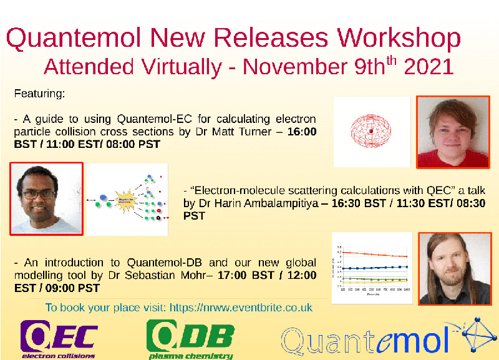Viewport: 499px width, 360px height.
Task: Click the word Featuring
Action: (x=39, y=94)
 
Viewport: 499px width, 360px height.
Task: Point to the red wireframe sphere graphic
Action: (x=372, y=131)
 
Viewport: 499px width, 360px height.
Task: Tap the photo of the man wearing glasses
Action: (x=46, y=198)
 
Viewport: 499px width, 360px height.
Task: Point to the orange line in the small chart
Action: (x=374, y=255)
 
